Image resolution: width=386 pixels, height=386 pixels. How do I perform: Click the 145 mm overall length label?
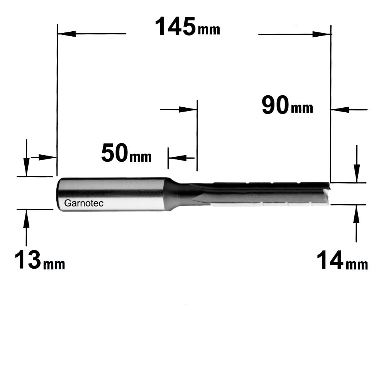click(x=188, y=27)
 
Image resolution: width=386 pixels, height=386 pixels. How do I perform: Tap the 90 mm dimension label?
click(x=287, y=105)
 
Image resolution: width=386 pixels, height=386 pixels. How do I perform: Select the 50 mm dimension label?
click(x=126, y=153)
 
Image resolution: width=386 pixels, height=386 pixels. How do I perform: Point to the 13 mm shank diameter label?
click(x=40, y=260)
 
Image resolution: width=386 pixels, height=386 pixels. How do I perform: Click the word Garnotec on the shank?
click(x=84, y=203)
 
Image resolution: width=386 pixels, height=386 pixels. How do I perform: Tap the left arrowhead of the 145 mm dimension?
click(x=66, y=34)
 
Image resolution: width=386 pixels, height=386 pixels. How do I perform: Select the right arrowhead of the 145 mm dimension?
click(x=322, y=34)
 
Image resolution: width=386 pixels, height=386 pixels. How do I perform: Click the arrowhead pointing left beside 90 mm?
click(x=340, y=110)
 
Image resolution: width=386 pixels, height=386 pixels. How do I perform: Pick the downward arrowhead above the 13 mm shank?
click(x=26, y=168)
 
